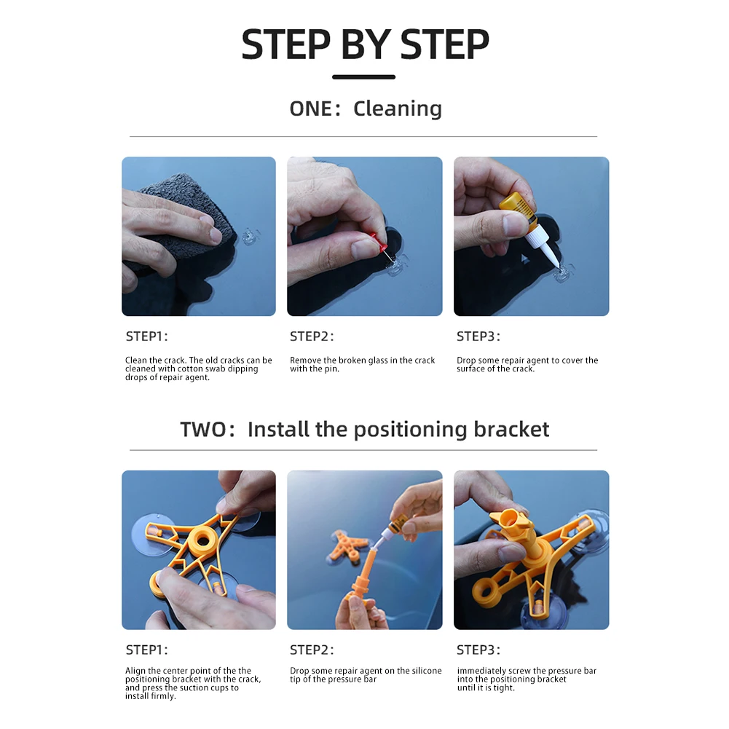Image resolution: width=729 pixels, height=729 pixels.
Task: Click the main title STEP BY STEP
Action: [365, 44]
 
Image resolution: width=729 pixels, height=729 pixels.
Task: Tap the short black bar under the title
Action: [363, 77]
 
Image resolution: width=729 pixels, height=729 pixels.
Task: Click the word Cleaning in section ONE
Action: [398, 109]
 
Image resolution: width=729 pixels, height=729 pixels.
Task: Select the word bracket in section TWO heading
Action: [511, 429]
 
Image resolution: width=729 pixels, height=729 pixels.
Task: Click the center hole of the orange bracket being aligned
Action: [202, 540]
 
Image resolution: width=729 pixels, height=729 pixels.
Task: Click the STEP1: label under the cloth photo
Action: [147, 336]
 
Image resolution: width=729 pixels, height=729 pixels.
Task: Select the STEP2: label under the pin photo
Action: [312, 336]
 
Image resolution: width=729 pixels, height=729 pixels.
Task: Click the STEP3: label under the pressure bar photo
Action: [478, 650]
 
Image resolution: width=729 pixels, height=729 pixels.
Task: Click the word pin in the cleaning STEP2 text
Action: [331, 369]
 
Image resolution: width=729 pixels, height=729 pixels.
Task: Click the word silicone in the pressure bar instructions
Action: [425, 671]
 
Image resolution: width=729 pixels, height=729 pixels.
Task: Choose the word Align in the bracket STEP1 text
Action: [135, 671]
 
